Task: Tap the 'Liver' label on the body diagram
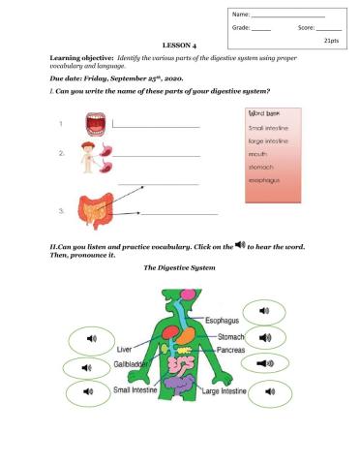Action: click(x=124, y=348)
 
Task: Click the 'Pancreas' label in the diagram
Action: click(x=228, y=348)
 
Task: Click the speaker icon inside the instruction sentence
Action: click(x=240, y=244)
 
